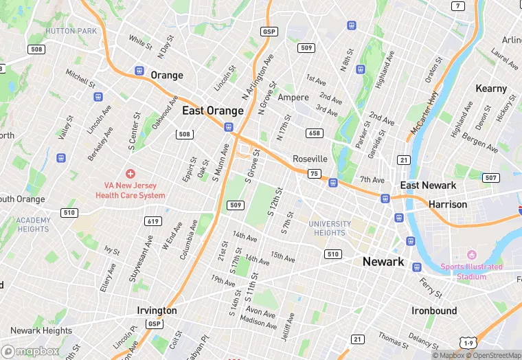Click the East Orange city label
click(212, 111)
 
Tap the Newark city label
click(383, 262)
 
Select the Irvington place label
click(157, 311)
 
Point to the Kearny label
click(491, 89)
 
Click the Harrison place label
click(447, 205)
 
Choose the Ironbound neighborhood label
click(434, 311)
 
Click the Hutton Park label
click(71, 31)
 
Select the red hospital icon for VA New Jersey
click(130, 174)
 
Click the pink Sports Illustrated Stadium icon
click(471, 255)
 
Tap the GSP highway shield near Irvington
click(155, 324)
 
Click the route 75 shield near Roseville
click(315, 174)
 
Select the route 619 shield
click(153, 221)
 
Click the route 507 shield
click(490, 178)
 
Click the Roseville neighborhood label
click(310, 159)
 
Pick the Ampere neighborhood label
click(293, 97)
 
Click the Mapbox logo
click(30, 350)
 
